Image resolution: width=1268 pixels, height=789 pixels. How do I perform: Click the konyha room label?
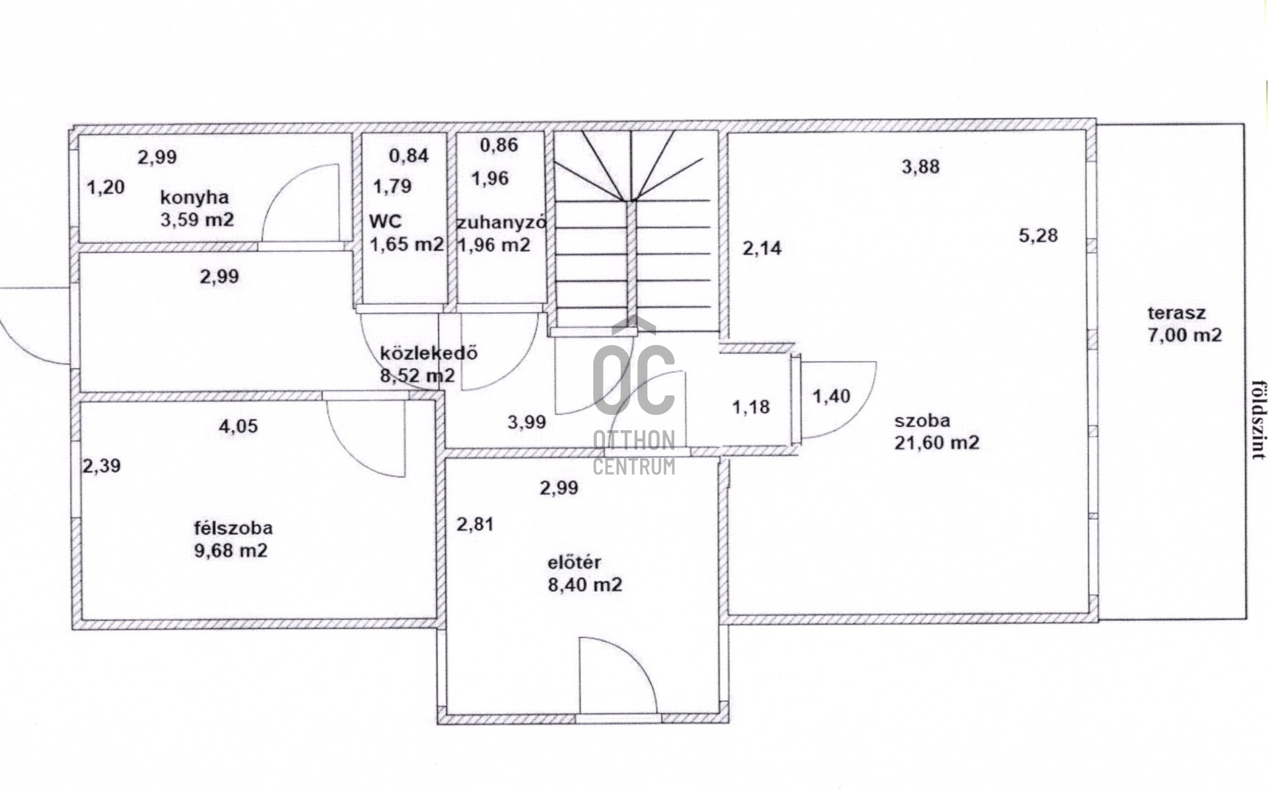tap(195, 197)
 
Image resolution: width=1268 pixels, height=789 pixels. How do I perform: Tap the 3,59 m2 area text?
tap(197, 219)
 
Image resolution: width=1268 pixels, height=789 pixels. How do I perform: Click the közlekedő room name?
tap(429, 353)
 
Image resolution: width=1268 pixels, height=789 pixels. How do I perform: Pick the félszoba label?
tap(233, 528)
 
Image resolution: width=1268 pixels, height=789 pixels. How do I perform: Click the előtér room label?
tap(575, 562)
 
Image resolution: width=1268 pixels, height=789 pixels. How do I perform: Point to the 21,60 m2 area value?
tap(936, 442)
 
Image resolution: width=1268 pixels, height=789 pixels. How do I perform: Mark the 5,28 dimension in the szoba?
tap(1038, 235)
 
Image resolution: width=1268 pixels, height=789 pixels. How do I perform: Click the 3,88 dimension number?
tap(921, 167)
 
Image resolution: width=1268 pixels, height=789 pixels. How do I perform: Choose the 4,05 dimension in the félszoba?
tap(238, 426)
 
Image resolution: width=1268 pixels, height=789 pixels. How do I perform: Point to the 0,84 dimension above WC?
tap(409, 156)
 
